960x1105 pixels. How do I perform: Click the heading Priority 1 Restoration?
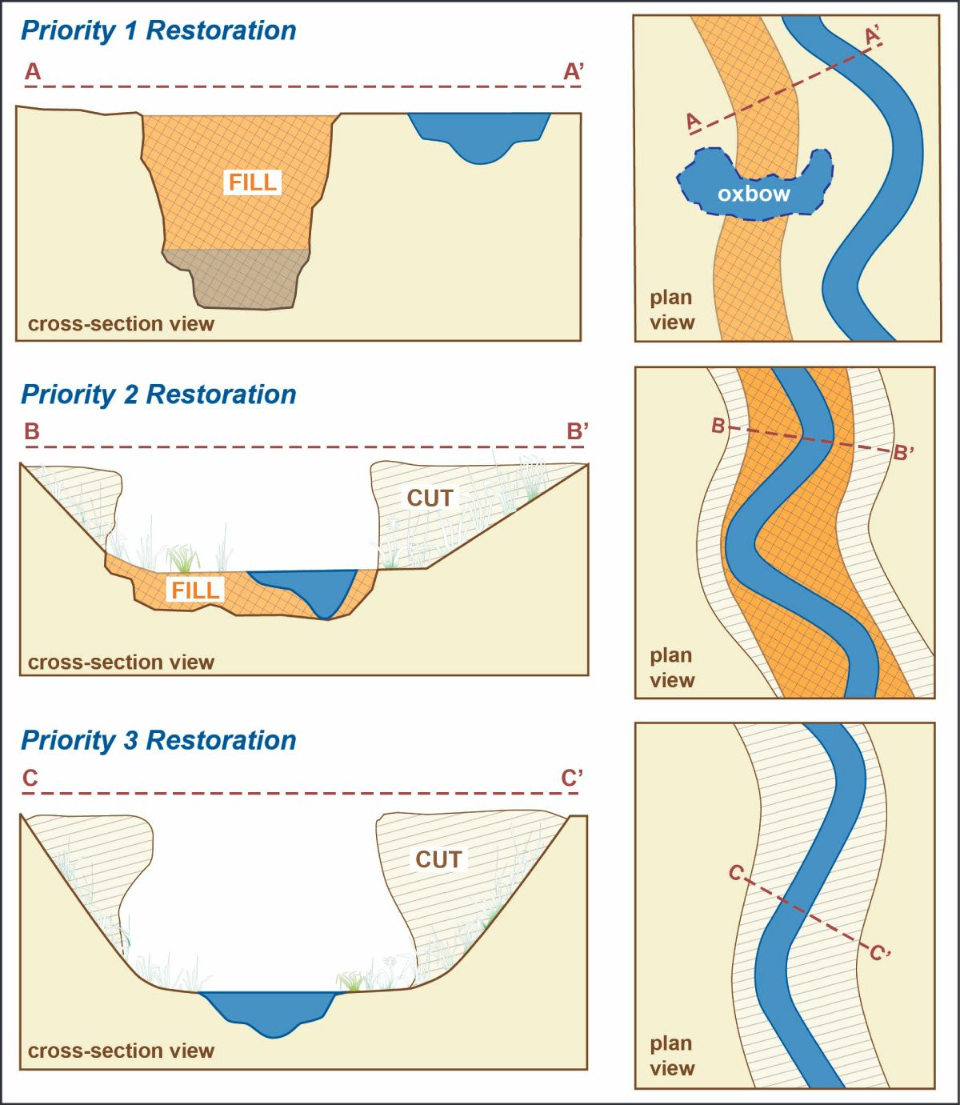pos(158,30)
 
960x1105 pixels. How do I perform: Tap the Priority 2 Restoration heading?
pos(158,394)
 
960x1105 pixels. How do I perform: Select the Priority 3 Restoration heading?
pos(158,740)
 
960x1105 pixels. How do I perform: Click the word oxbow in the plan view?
pos(754,194)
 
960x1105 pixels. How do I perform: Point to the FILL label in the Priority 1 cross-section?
pos(253,182)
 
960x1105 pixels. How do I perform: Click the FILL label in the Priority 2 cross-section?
pos(195,591)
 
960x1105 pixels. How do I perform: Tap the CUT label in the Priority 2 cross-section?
pos(430,498)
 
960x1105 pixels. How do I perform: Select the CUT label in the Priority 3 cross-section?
pos(438,859)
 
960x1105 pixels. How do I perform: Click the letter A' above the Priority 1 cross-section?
pos(573,71)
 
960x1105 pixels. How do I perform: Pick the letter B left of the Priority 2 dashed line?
pos(32,431)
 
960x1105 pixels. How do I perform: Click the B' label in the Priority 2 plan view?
pos(904,452)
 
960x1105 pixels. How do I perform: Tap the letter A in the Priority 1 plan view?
pos(694,121)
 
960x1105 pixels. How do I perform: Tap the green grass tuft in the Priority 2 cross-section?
pos(183,559)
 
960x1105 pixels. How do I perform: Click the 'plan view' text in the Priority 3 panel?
pos(672,1056)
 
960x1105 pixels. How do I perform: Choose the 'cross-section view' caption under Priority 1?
pos(121,324)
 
